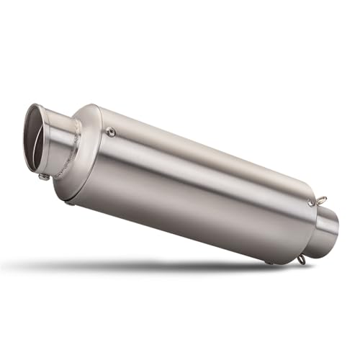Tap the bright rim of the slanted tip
click(30, 115)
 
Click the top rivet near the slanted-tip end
click(110, 131)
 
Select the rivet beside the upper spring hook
click(310, 204)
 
